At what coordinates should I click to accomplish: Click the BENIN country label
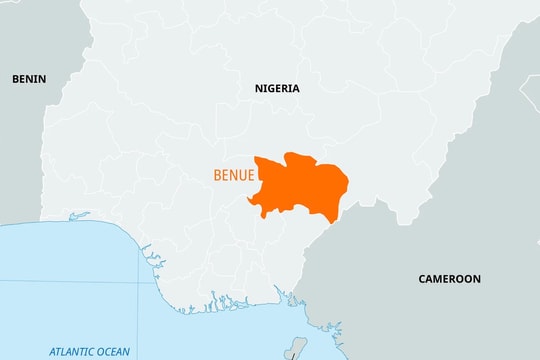point(28,78)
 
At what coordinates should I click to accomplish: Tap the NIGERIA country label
point(277,88)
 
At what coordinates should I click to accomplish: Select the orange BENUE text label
point(231,175)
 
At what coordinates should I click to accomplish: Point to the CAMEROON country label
point(449,279)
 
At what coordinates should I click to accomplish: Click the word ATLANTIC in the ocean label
point(72,351)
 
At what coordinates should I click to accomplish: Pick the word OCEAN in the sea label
point(114,351)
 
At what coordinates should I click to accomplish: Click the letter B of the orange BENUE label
point(217,175)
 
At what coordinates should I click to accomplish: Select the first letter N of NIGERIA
point(259,88)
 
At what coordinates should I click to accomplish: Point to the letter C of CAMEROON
point(422,279)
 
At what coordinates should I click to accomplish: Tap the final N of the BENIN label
point(42,78)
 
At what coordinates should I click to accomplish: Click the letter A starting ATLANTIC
point(52,351)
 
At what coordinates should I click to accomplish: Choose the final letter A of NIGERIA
point(295,88)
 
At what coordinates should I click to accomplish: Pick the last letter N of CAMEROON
point(476,279)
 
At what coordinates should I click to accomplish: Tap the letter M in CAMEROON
point(441,279)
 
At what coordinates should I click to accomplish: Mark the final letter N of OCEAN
point(127,351)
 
